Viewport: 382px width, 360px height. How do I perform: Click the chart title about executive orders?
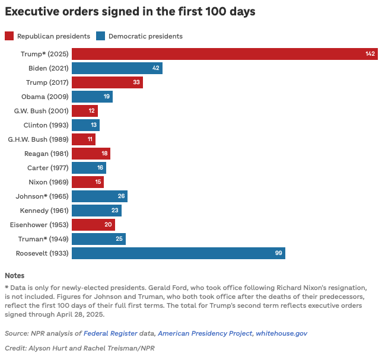pos(130,11)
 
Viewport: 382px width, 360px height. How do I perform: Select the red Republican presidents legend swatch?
pos(9,36)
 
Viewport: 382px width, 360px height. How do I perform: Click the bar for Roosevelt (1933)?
pos(178,253)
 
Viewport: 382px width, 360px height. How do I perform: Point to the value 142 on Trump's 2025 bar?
pos(370,54)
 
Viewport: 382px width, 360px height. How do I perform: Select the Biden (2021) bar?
pos(117,68)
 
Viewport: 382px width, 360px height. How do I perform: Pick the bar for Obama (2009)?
pos(92,97)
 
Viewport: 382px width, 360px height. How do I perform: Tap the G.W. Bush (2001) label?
pos(42,111)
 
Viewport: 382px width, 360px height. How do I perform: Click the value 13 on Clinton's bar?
pos(93,125)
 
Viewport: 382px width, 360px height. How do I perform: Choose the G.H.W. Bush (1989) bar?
pos(83,139)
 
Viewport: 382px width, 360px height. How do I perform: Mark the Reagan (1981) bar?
pos(91,154)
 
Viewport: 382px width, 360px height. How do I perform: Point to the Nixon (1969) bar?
pos(87,182)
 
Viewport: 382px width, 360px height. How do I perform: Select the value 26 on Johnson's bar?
pos(121,196)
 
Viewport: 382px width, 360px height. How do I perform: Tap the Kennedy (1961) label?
pos(44,211)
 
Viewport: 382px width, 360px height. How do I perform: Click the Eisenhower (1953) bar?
pos(93,225)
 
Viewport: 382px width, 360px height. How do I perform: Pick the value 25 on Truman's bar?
pos(119,239)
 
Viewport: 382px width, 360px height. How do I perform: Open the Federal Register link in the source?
pos(110,334)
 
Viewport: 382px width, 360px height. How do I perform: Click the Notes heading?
pos(15,276)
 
